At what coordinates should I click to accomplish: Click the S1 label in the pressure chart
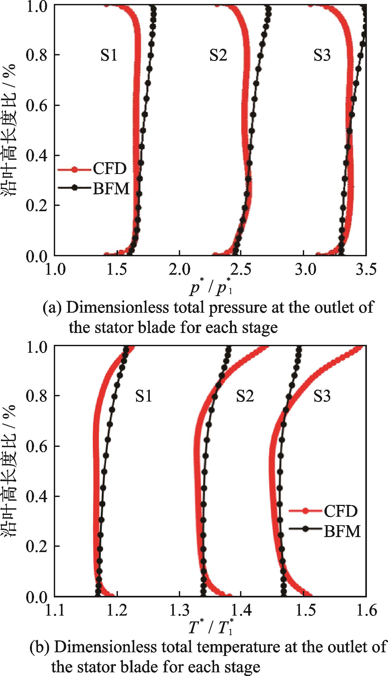109,55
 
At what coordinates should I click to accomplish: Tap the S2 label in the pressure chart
218,55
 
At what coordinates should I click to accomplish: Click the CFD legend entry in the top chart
109,168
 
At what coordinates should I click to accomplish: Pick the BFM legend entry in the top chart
111,189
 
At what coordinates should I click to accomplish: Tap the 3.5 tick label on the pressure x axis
366,269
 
